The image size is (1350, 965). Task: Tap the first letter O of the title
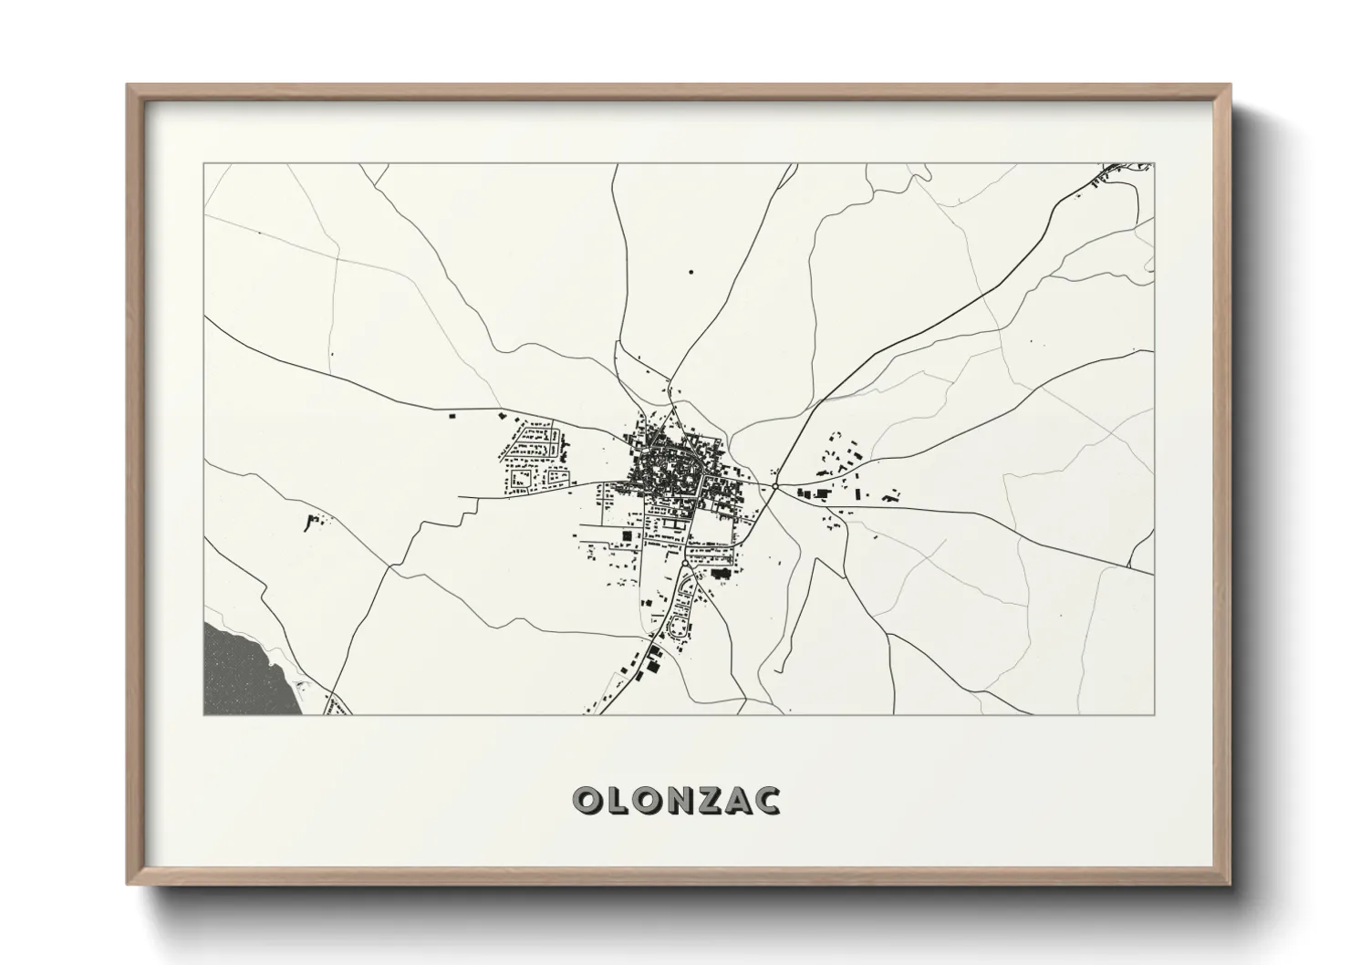click(x=587, y=801)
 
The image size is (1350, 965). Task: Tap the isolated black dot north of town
click(x=691, y=271)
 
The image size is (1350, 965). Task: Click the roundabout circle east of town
click(x=774, y=487)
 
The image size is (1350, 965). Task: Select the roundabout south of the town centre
click(x=683, y=564)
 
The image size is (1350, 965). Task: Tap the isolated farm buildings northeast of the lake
click(x=313, y=522)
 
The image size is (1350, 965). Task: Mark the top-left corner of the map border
click(x=204, y=164)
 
